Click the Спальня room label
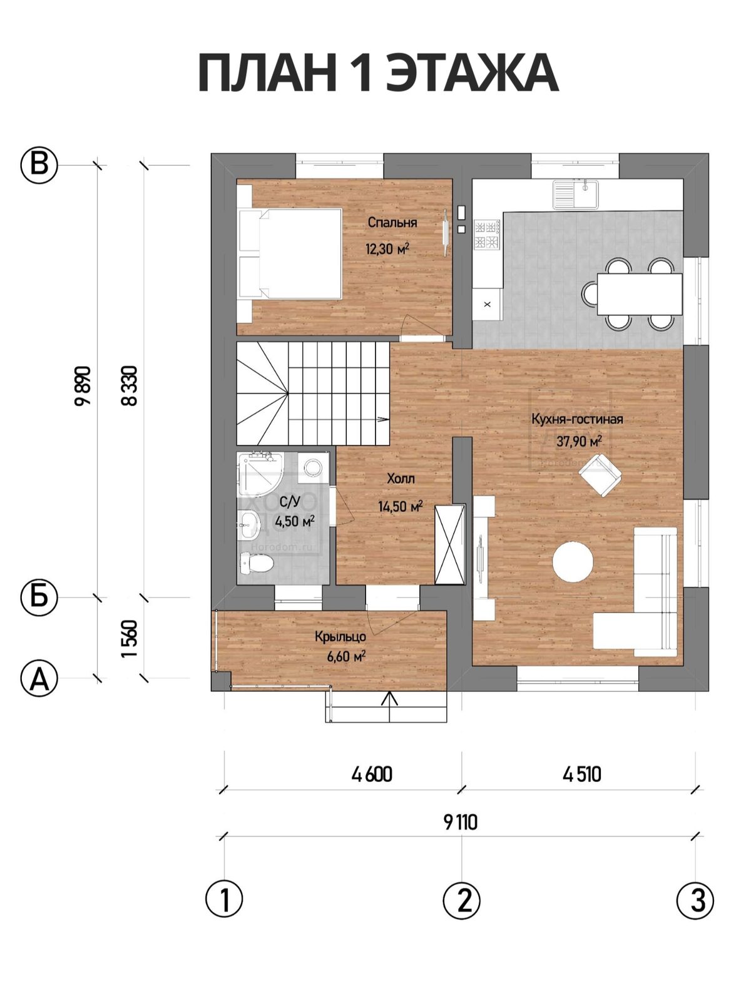pyautogui.click(x=392, y=223)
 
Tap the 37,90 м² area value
pyautogui.click(x=579, y=441)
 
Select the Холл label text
pyautogui.click(x=401, y=479)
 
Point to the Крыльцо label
pyautogui.click(x=340, y=637)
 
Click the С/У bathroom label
pyautogui.click(x=290, y=502)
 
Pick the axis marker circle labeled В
pyautogui.click(x=39, y=165)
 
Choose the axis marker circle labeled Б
pyautogui.click(x=39, y=597)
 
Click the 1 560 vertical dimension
pyautogui.click(x=130, y=638)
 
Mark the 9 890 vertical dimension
pyautogui.click(x=83, y=385)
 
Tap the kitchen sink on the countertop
pyautogui.click(x=575, y=195)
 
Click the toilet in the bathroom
pyautogui.click(x=256, y=562)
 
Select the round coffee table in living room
pyautogui.click(x=573, y=561)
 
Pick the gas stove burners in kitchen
pyautogui.click(x=487, y=235)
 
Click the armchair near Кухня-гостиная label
pyautogui.click(x=600, y=474)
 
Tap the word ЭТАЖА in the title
pyautogui.click(x=473, y=73)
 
